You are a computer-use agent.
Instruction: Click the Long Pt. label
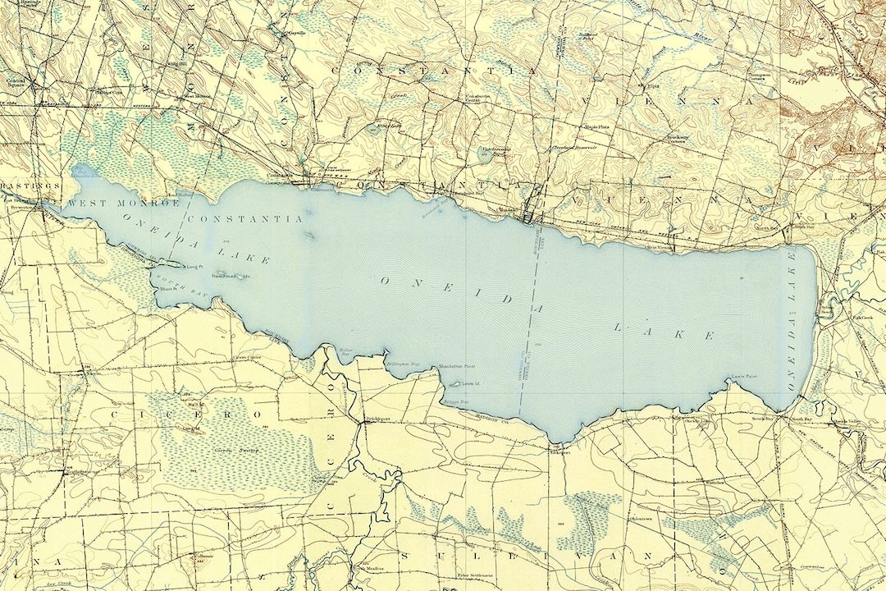194,267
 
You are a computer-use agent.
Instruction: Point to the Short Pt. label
168,289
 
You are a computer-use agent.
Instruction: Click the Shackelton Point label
457,367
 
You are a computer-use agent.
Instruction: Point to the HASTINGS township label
20,186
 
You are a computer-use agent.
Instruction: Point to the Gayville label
293,34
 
